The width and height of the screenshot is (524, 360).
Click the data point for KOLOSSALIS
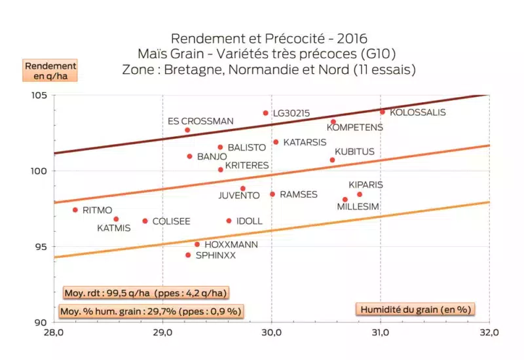(x=383, y=112)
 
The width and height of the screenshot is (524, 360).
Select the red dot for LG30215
(x=266, y=113)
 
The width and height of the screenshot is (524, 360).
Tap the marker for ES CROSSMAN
(x=187, y=130)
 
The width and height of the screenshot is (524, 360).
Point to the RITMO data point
(x=75, y=210)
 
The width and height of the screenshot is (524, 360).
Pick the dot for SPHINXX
(x=188, y=255)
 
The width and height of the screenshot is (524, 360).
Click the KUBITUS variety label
(x=354, y=152)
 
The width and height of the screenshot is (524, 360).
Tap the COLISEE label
(x=171, y=222)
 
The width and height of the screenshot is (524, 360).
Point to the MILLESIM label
(x=358, y=207)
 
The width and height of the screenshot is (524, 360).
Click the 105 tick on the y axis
(x=39, y=95)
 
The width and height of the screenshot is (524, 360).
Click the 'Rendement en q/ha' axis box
(x=51, y=70)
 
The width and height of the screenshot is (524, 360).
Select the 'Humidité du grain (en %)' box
(x=415, y=308)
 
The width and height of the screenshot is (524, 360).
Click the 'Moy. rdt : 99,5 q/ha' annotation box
(x=145, y=293)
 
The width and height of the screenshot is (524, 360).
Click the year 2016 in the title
(x=361, y=38)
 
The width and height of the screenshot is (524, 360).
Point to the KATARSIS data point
(x=276, y=142)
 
